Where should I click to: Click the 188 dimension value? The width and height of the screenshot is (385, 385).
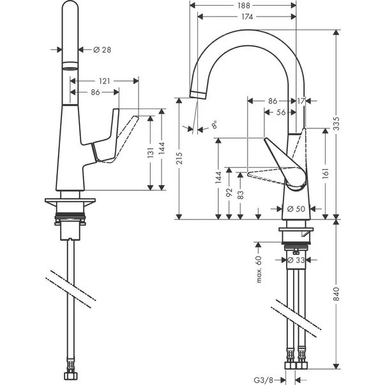coord(243,5)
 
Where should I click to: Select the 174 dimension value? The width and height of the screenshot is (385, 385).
coord(247,17)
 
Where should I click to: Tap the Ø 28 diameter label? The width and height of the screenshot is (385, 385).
coord(102,50)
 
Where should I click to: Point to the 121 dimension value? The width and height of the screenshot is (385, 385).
coord(105,81)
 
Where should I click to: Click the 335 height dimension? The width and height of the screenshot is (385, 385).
coord(337,123)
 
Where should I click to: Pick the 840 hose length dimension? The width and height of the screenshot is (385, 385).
coord(336,294)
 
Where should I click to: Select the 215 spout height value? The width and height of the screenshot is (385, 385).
coord(179,158)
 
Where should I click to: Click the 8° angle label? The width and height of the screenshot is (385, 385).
coord(215,125)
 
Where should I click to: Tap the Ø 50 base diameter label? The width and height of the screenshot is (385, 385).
coord(296,209)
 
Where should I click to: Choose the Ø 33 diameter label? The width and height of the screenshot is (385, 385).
coord(296,260)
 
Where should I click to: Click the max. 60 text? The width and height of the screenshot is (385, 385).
coord(259,269)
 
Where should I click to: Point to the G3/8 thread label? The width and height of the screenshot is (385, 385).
coord(263,381)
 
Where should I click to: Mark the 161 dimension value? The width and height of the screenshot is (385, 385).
coord(326,173)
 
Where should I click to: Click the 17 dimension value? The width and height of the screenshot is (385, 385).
coord(301,101)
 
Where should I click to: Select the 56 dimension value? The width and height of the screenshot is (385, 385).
coord(281,112)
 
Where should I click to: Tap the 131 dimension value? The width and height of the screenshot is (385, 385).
coord(151,153)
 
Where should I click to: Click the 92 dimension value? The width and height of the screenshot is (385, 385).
coord(229,192)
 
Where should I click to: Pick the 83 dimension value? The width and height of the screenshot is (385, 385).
coord(241,195)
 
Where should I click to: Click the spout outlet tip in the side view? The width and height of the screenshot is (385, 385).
coord(198,94)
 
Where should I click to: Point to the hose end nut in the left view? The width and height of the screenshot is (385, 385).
coord(71,376)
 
